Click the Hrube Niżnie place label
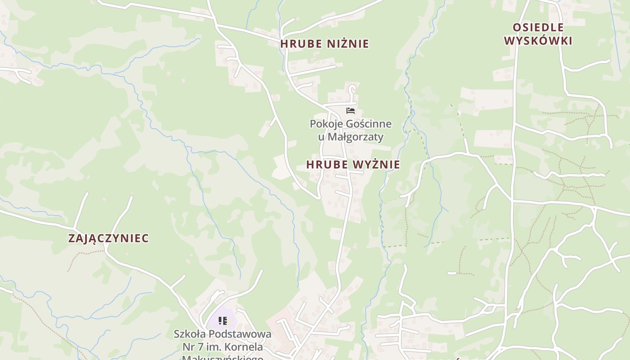(x=324, y=44)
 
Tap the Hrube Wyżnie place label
(x=353, y=165)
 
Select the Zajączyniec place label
(x=108, y=238)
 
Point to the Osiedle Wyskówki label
(x=538, y=34)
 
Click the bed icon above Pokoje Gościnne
(x=351, y=111)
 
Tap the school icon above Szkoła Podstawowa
(x=222, y=321)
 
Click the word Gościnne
(x=369, y=124)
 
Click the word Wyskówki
(x=538, y=40)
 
